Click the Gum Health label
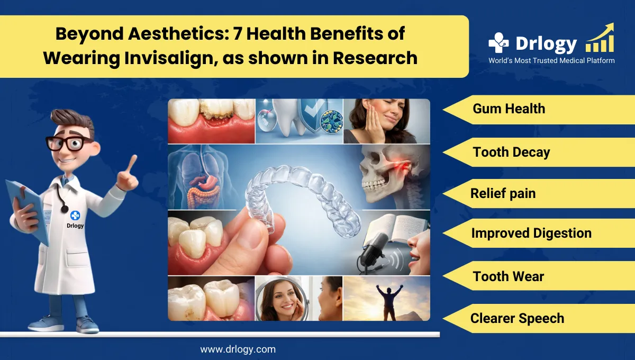coord(509,109)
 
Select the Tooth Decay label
coord(511,152)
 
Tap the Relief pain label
coord(503,193)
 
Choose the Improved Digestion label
coord(531,233)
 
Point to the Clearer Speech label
coord(517,318)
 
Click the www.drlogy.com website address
coord(238,349)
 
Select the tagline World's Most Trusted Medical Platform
coord(551,60)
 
